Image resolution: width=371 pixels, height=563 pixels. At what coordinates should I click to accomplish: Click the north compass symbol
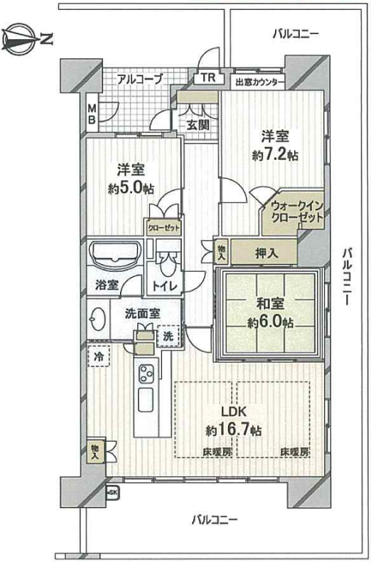pyautogui.click(x=27, y=40)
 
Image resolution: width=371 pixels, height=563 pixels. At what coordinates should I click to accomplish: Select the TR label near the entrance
pyautogui.click(x=208, y=78)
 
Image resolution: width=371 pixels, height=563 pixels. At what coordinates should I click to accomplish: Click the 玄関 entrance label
pyautogui.click(x=198, y=126)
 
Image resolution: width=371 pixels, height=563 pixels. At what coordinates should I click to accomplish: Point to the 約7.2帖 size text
pyautogui.click(x=275, y=155)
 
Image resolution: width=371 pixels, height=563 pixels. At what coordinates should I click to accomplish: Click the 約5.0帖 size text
pyautogui.click(x=131, y=188)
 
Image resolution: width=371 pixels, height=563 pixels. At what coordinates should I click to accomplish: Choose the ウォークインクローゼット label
pyautogui.click(x=297, y=212)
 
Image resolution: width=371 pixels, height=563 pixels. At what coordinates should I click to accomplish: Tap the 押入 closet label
pyautogui.click(x=267, y=253)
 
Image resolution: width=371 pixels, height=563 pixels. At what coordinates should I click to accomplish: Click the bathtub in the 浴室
pyautogui.click(x=115, y=253)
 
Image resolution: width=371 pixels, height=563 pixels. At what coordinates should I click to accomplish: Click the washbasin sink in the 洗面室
pyautogui.click(x=97, y=319)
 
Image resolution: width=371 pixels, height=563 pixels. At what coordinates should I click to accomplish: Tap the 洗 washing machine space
pyautogui.click(x=168, y=336)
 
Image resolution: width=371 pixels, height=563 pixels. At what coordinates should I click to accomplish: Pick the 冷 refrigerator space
pyautogui.click(x=99, y=356)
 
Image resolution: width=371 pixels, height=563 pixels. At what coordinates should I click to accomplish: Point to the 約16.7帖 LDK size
pyautogui.click(x=234, y=430)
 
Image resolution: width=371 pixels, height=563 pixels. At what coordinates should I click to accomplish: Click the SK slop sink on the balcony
pyautogui.click(x=112, y=492)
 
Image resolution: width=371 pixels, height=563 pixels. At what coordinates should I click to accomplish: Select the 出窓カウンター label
pyautogui.click(x=260, y=82)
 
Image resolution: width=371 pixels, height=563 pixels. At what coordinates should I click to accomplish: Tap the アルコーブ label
pyautogui.click(x=140, y=79)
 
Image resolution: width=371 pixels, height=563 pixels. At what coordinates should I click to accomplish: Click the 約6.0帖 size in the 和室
pyautogui.click(x=270, y=322)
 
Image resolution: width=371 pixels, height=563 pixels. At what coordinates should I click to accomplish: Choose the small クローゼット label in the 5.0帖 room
pyautogui.click(x=163, y=228)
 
